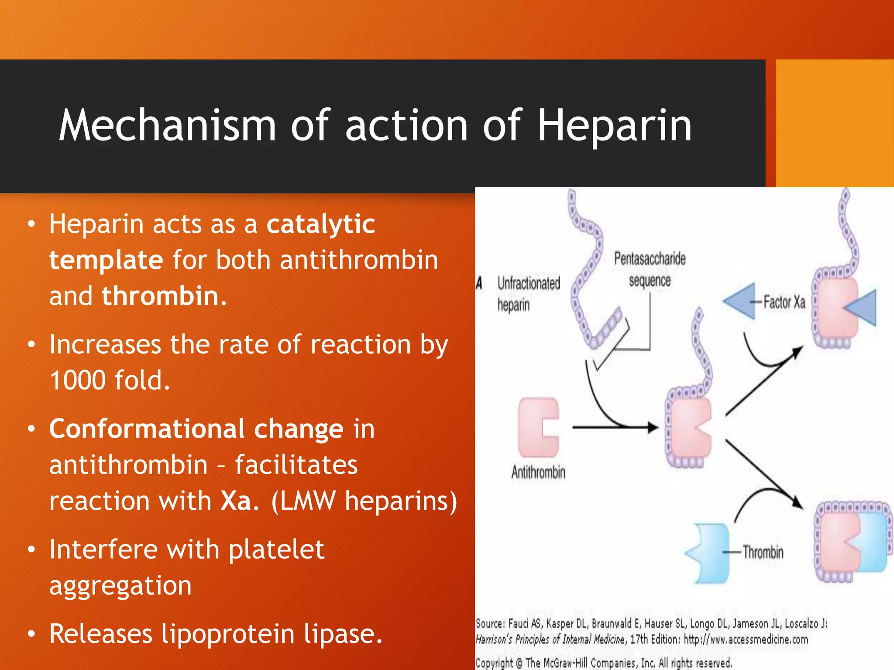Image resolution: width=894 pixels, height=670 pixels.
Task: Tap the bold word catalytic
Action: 321,224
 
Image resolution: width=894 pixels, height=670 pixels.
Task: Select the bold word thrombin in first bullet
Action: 160,296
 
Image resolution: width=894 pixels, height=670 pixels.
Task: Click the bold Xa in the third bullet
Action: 236,501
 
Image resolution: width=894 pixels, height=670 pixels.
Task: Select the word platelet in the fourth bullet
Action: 276,549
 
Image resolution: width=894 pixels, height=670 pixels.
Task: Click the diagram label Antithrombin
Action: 538,472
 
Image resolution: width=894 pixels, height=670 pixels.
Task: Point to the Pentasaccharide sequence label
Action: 650,269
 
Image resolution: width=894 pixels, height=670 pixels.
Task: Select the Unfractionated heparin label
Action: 528,294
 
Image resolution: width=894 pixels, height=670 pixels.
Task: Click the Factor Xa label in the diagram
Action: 784,302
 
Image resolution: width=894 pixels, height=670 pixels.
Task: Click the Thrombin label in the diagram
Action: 763,552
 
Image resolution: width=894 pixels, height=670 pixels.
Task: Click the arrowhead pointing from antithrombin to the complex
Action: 653,427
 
